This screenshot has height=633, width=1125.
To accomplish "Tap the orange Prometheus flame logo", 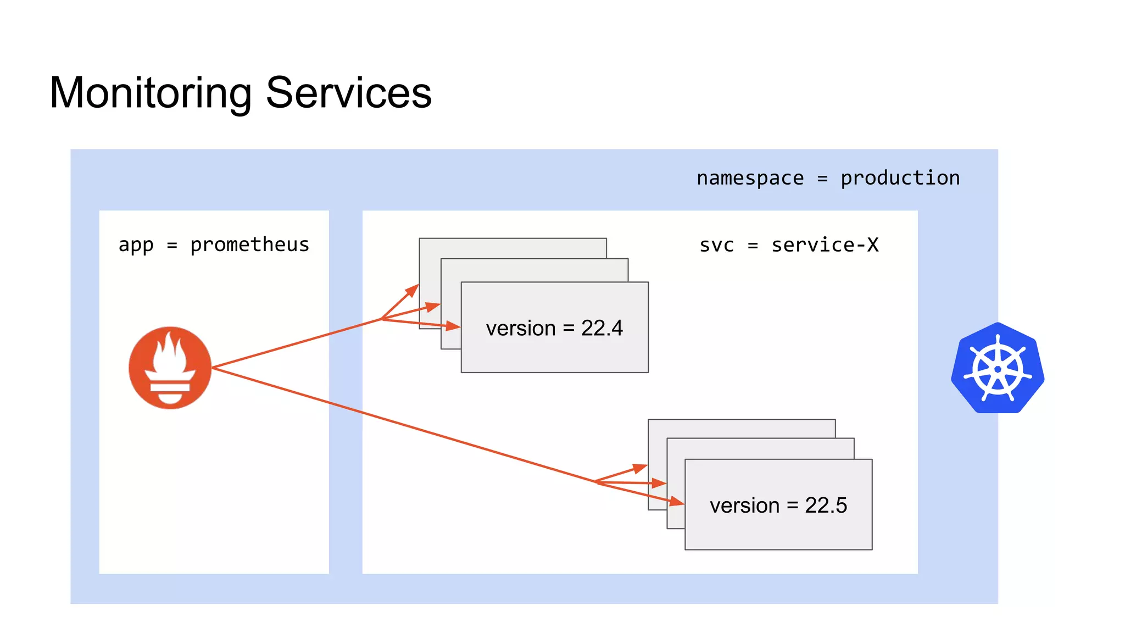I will point(170,368).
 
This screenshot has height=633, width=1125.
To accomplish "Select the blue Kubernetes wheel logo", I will point(998,368).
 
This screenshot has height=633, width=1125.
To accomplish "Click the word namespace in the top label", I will point(750,178).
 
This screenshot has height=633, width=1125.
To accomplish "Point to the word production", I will point(900,178).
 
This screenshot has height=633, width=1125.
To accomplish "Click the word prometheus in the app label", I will point(249,245).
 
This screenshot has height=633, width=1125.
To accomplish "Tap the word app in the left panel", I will point(136,245).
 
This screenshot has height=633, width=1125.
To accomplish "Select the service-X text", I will point(825,245).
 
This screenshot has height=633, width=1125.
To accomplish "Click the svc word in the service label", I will point(717,245).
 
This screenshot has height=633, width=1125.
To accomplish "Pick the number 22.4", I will point(602,329).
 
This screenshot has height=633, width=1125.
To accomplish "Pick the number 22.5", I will point(826,506).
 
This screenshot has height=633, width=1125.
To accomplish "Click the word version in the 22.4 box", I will point(521,329).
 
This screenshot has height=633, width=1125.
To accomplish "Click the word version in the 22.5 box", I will point(744,506).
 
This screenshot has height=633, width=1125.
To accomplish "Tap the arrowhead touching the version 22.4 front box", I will point(453,326).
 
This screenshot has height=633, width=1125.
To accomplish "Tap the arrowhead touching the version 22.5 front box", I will point(677,501).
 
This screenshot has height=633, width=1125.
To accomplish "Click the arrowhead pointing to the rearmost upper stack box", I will point(413,290).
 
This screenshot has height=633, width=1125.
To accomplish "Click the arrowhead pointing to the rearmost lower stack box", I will point(640,468).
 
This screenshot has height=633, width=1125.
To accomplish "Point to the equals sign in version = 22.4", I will point(569,329).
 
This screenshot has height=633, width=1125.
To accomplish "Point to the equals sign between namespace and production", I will point(822,179).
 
